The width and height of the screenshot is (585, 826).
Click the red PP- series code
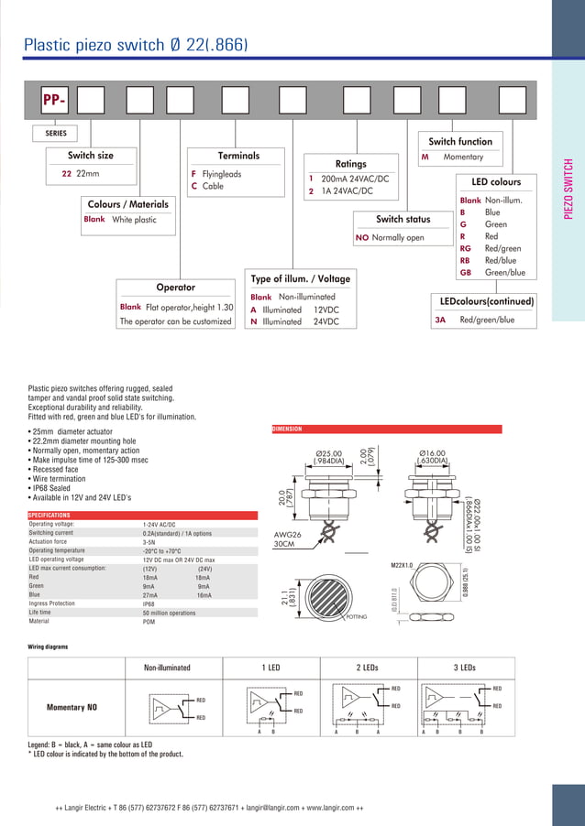point(53,100)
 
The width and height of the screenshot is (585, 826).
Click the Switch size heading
point(91,156)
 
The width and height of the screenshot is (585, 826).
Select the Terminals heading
point(238,156)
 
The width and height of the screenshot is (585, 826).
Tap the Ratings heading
point(350,164)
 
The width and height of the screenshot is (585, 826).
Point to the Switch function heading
point(460,141)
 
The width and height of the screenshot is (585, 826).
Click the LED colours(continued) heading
point(486,301)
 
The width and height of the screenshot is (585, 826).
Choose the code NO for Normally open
point(361,238)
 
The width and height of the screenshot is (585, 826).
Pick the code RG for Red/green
point(466,248)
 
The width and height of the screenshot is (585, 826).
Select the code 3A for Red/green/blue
point(440,321)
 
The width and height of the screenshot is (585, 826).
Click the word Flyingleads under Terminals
point(222,173)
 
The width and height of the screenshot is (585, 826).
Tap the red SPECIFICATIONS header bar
point(50,516)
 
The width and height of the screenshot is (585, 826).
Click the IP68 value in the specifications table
point(149,604)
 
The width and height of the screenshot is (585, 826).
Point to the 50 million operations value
point(169,613)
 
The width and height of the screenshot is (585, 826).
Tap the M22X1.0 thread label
point(403,566)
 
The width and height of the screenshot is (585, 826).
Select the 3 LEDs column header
point(466,668)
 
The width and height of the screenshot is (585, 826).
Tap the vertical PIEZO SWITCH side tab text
point(568,190)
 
